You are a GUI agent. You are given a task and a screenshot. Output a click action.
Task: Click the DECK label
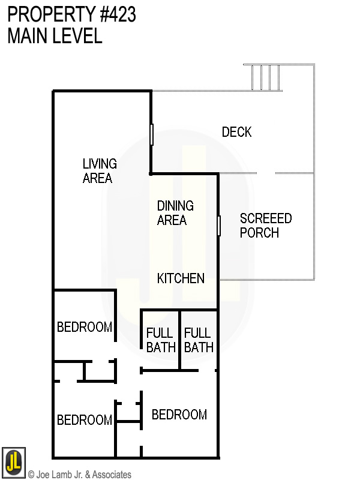pyautogui.click(x=236, y=132)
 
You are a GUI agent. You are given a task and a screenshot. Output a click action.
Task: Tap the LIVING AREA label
pyautogui.click(x=99, y=171)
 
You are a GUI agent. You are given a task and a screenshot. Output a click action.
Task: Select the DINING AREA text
pyautogui.click(x=175, y=213)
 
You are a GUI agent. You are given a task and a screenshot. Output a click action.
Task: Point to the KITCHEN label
pyautogui.click(x=181, y=278)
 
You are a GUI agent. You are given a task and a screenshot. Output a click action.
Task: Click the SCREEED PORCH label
pyautogui.click(x=265, y=226)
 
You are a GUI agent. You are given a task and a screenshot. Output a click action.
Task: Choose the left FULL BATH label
pyautogui.click(x=160, y=340)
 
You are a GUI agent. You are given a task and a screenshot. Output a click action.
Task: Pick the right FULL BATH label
pyautogui.click(x=198, y=340)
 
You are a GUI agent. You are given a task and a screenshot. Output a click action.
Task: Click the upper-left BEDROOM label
pyautogui.click(x=84, y=327)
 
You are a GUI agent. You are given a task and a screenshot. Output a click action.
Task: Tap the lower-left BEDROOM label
pyautogui.click(x=84, y=420)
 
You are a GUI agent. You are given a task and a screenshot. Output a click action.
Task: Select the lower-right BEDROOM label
pyautogui.click(x=179, y=415)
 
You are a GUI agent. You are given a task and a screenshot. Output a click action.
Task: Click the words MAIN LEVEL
pyautogui.click(x=55, y=36)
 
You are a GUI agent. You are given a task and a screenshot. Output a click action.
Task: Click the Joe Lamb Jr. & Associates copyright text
pyautogui.click(x=79, y=475)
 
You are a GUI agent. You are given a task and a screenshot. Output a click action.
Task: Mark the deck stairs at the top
pyautogui.click(x=266, y=77)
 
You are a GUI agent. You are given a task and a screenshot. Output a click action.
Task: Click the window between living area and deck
pyautogui.click(x=152, y=134)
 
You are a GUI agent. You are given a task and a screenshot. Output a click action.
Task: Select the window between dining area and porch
pyautogui.click(x=219, y=226)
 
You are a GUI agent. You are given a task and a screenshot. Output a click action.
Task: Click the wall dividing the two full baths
pyautogui.click(x=179, y=340)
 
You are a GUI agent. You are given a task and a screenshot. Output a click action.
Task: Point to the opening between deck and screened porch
pyautogui.click(x=266, y=173)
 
